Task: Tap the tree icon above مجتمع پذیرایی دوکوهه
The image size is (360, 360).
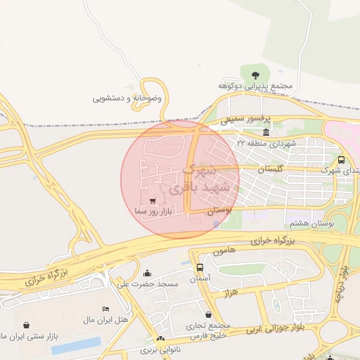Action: pos(255,73)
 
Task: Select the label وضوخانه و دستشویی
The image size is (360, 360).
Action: pos(127,98)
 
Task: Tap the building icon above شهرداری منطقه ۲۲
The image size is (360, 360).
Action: pos(266,133)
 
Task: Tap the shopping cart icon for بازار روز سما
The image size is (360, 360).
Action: pos(153,201)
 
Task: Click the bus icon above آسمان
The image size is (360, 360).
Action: pos(200,267)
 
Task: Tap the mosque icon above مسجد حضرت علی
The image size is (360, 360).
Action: pos(147,274)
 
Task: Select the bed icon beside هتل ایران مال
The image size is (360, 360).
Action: pos(105,309)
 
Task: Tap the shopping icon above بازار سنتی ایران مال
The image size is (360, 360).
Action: pos(27,325)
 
